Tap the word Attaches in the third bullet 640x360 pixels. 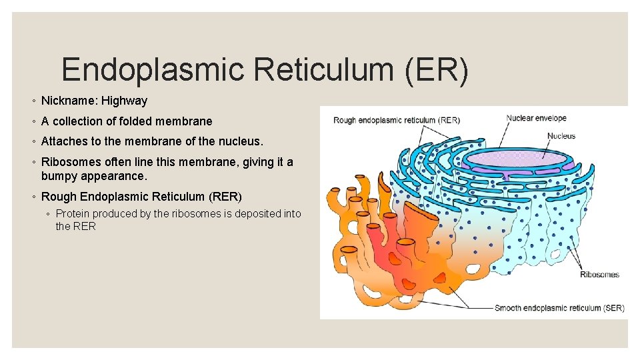tap(63, 141)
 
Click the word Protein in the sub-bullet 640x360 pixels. tap(73, 213)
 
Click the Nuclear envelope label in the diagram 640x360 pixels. tap(536, 119)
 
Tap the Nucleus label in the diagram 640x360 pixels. tap(561, 136)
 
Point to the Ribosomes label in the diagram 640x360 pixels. tap(599, 275)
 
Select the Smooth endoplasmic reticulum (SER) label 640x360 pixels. tap(559, 308)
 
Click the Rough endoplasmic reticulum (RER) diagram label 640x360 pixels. tap(396, 121)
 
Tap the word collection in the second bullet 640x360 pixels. tap(79, 121)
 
